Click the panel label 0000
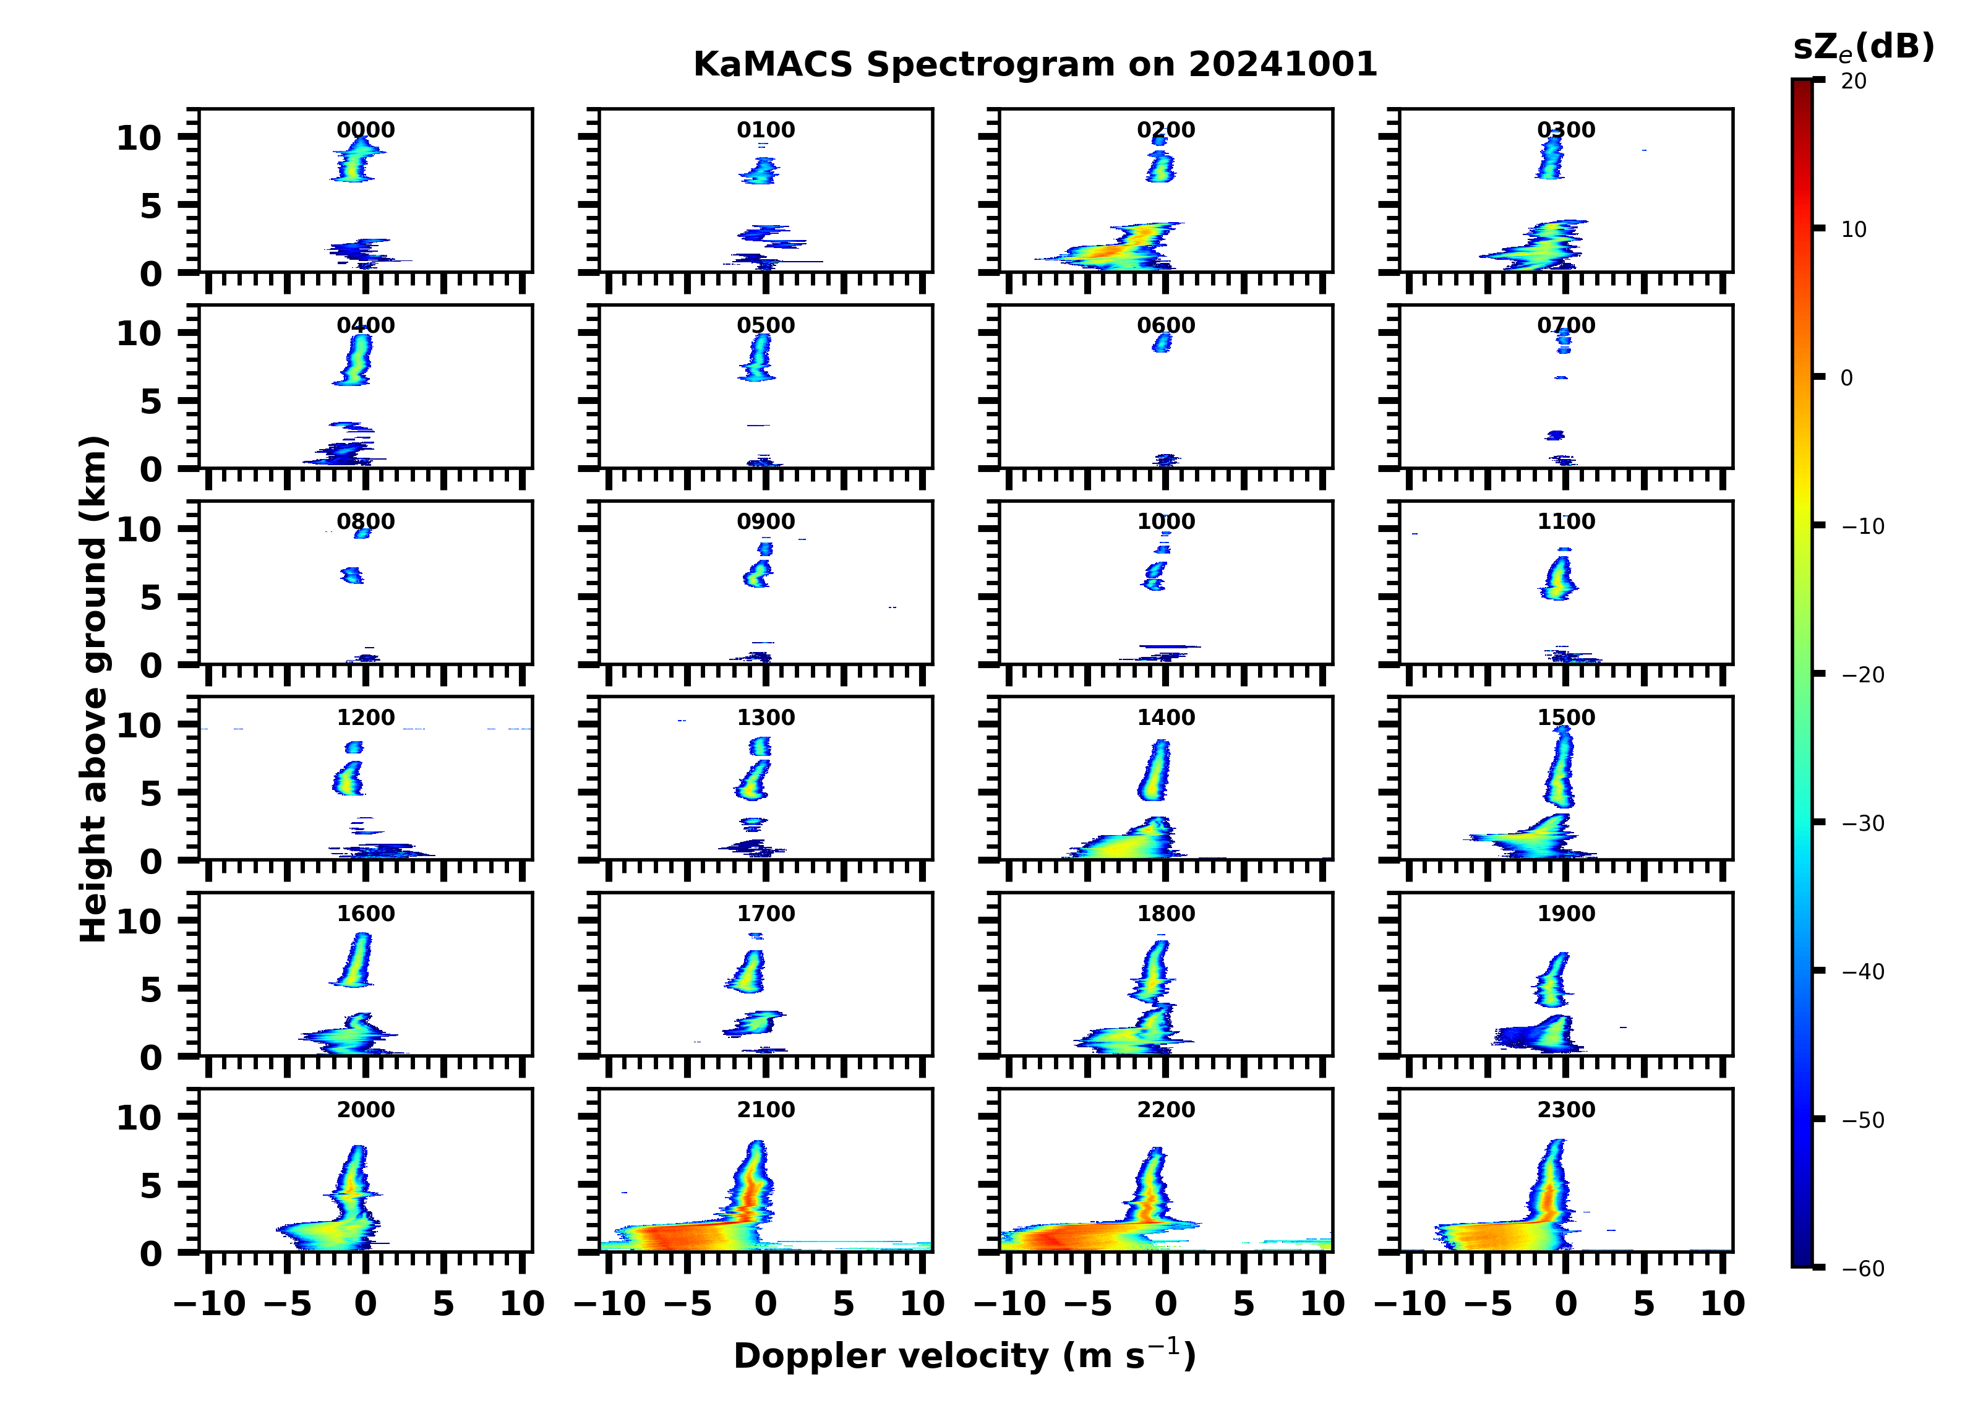tap(365, 130)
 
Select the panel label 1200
tap(365, 718)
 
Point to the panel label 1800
tap(1165, 914)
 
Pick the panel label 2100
tap(765, 1109)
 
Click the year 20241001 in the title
tap(1282, 65)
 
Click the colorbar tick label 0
tap(1846, 378)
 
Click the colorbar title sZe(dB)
tap(1864, 48)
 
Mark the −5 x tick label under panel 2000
tap(287, 1303)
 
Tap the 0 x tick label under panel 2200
tap(1165, 1303)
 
